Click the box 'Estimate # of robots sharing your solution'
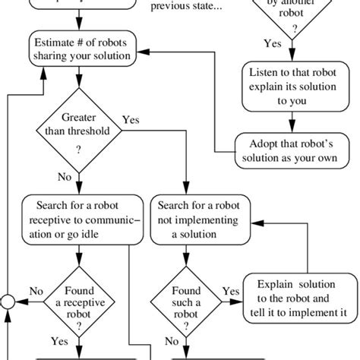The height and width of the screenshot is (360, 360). (90, 48)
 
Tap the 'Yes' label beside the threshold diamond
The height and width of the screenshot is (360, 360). (131, 119)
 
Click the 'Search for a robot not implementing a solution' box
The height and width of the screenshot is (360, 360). (194, 219)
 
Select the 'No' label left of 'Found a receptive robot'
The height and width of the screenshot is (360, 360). (35, 290)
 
